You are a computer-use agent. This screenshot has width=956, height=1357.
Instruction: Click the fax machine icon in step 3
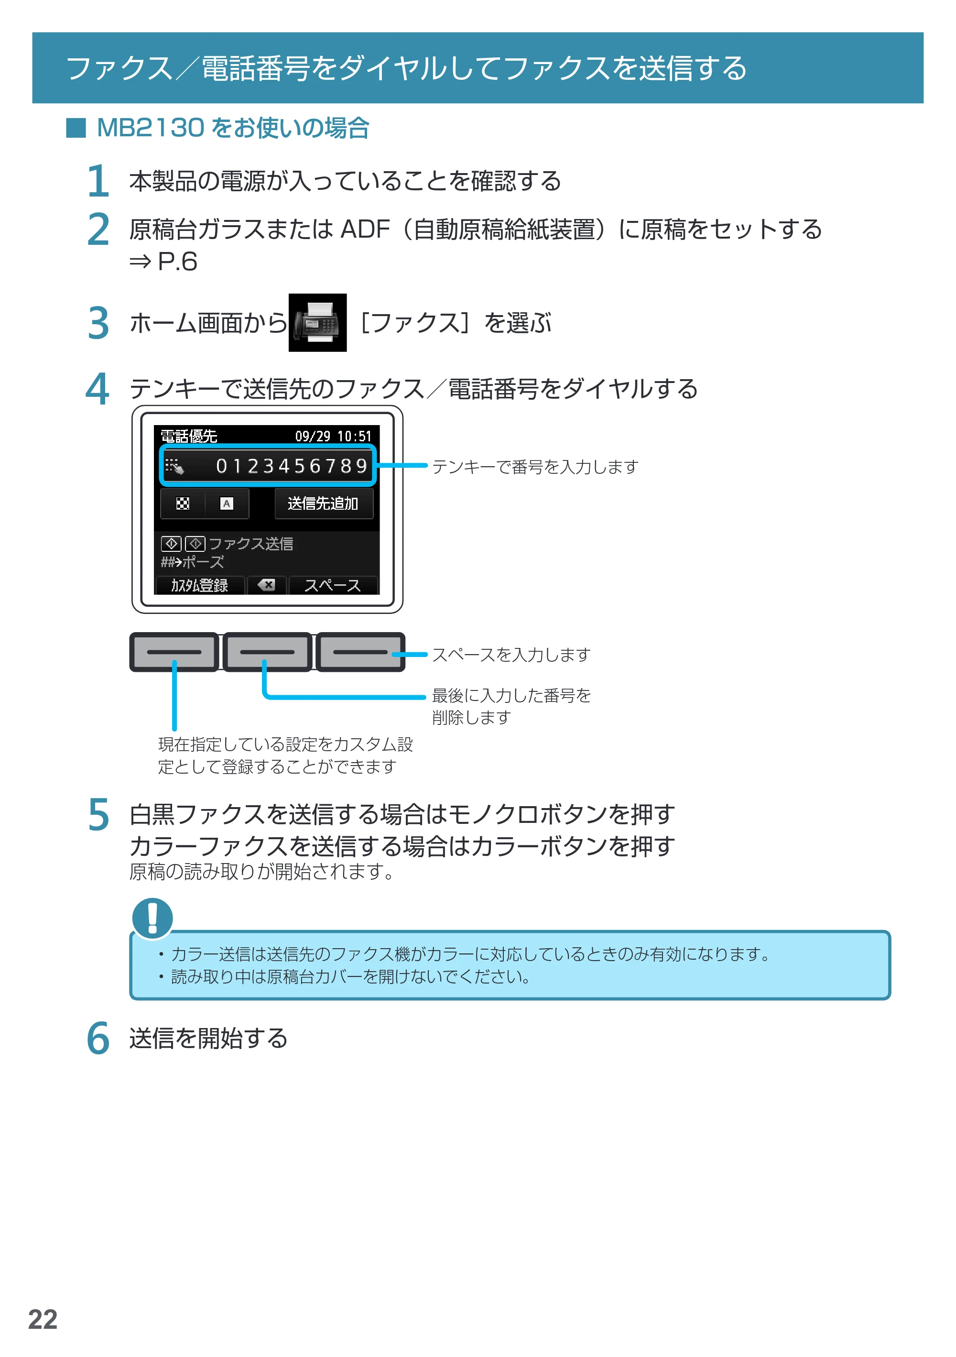pyautogui.click(x=317, y=323)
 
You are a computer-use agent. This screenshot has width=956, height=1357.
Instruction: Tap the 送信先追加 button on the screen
pyautogui.click(x=323, y=503)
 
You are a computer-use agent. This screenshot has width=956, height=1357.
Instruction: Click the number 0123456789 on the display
pyautogui.click(x=292, y=466)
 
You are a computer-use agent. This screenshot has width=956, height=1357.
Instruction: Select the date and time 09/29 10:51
pyautogui.click(x=333, y=436)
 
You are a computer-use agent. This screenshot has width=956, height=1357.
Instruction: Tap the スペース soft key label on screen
pyautogui.click(x=332, y=585)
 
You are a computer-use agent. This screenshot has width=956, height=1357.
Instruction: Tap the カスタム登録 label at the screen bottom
pyautogui.click(x=199, y=585)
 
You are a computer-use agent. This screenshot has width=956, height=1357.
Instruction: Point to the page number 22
pyautogui.click(x=43, y=1319)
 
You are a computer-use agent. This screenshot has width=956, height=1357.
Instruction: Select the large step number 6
pyautogui.click(x=98, y=1039)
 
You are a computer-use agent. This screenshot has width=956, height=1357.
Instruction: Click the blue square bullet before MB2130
pyautogui.click(x=76, y=128)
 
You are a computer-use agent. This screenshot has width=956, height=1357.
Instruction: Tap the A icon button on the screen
pyautogui.click(x=226, y=503)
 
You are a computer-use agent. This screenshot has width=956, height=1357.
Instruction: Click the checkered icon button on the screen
pyautogui.click(x=183, y=503)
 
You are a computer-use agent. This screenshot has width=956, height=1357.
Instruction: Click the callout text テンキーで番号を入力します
pyautogui.click(x=535, y=467)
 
